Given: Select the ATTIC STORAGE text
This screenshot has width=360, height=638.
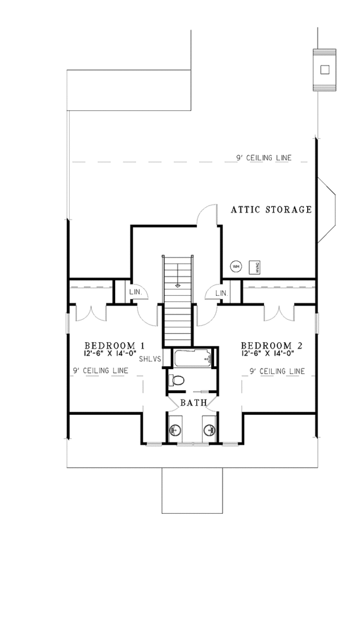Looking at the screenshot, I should point(271,209).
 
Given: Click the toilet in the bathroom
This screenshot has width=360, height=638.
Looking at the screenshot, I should point(178,380).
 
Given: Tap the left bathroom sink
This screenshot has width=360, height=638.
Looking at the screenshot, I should point(175,430).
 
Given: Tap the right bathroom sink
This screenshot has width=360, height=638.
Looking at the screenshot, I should point(209,430).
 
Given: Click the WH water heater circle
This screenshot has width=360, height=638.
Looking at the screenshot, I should point(236,266).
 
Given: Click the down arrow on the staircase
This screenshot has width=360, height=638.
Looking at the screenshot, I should point(178,284).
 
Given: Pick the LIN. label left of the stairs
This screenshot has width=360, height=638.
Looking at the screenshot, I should point(136,293).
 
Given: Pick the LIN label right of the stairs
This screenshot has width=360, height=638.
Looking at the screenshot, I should point(221,293).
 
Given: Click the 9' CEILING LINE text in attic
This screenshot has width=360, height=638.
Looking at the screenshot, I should point(263,158).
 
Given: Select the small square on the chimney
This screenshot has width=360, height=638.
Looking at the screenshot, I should point(325,69).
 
